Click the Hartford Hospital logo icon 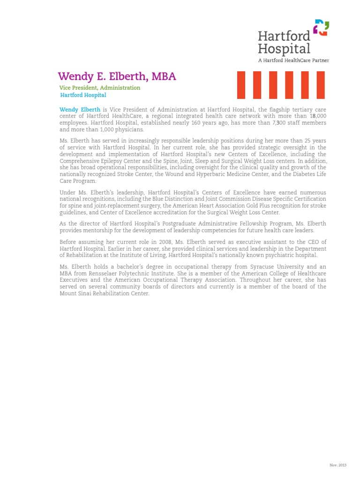point(321,28)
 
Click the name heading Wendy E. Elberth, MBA point(117,76)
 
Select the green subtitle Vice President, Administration point(99,88)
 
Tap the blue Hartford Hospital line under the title point(83,95)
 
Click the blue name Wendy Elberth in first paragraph point(80,110)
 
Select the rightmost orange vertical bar point(321,85)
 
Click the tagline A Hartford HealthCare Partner point(293,60)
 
